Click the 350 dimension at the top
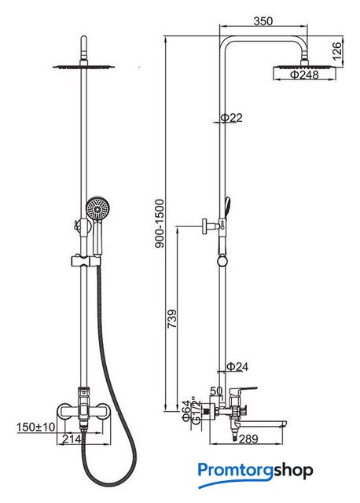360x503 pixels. coord(263,21)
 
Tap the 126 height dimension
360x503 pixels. coord(337,51)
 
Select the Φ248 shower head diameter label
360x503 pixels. coord(304,75)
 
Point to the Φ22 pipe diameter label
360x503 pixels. coord(231,118)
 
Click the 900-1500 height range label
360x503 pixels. coord(159,223)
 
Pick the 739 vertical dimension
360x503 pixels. coord(172,318)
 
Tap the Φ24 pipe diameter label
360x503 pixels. coord(237,366)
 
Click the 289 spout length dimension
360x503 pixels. coord(248,439)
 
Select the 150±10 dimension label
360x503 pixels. coord(35,427)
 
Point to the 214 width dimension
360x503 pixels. coord(72,439)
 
